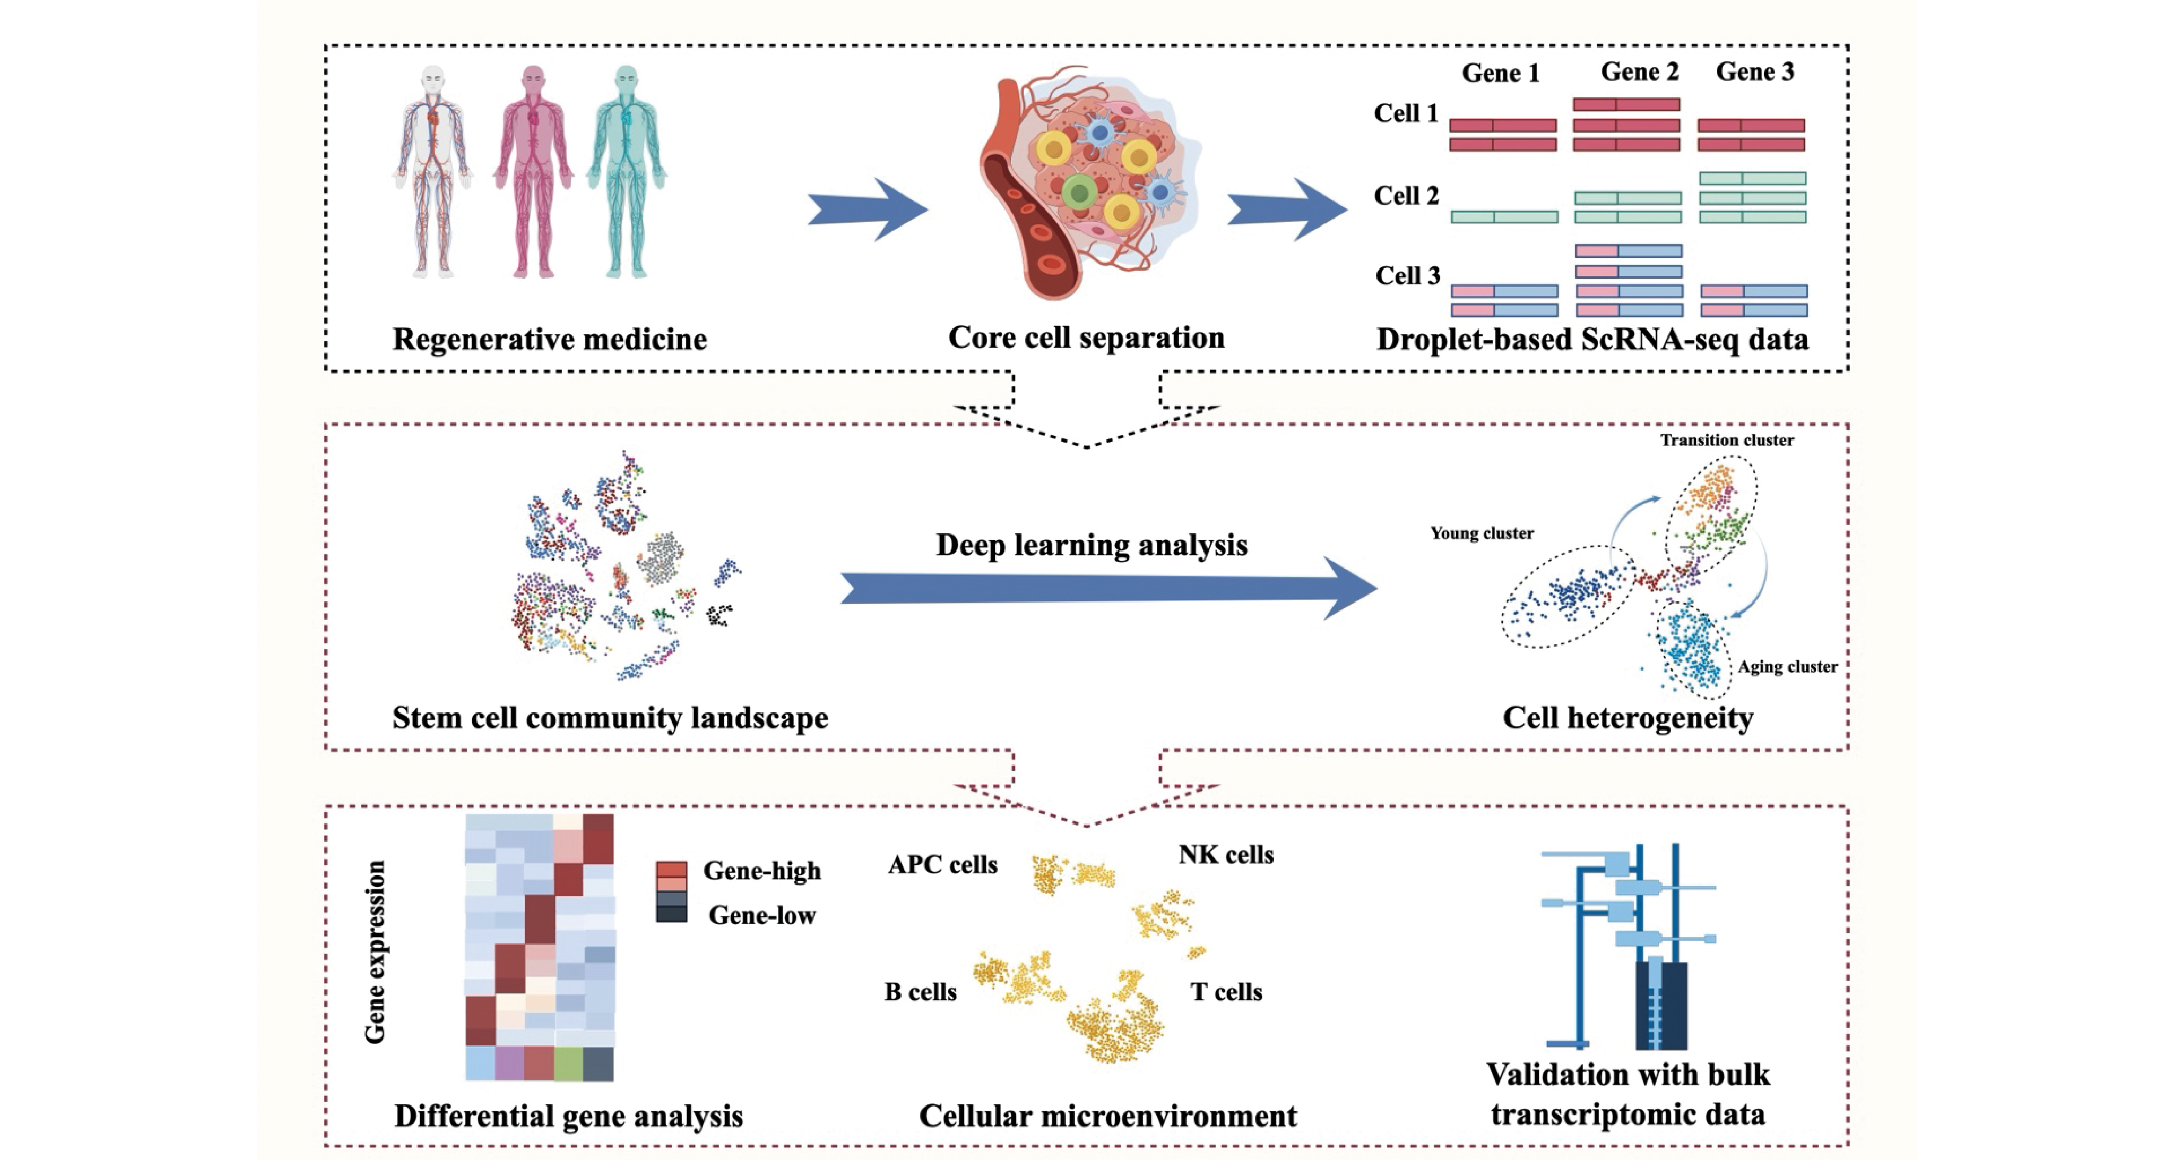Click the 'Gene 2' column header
[1639, 72]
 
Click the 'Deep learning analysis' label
[1091, 545]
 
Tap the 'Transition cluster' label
[1727, 440]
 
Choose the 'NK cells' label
[1226, 855]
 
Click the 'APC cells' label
[942, 864]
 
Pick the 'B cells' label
[920, 992]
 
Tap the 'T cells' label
[1226, 992]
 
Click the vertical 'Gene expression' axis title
[375, 952]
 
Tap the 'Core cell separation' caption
[1085, 338]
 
